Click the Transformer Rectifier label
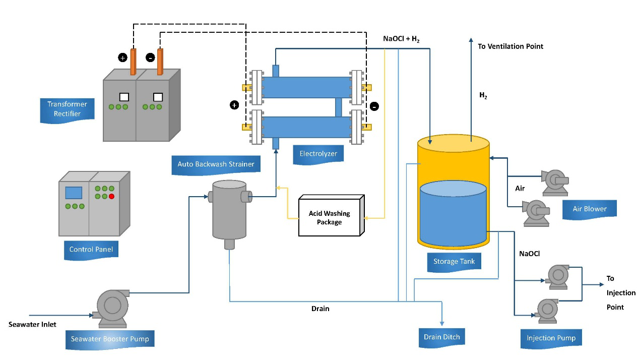(68, 109)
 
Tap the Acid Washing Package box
(330, 217)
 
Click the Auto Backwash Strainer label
(216, 164)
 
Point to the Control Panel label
(91, 249)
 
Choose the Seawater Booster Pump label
(110, 339)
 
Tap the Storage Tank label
(454, 261)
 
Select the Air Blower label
(590, 209)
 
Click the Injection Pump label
(551, 338)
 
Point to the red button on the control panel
(111, 196)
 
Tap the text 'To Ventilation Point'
(510, 46)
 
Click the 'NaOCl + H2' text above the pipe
(402, 38)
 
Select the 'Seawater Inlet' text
(33, 324)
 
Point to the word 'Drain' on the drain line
(321, 308)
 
